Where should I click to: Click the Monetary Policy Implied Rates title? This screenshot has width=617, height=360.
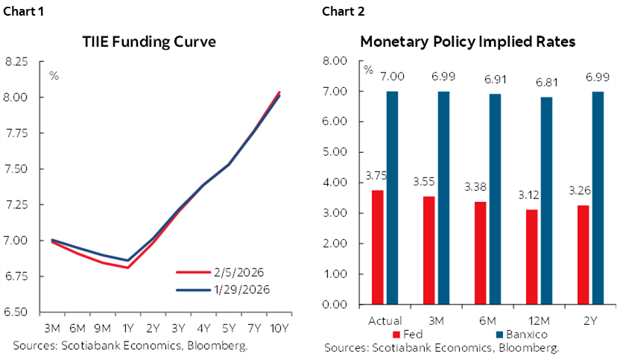coord(468,42)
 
